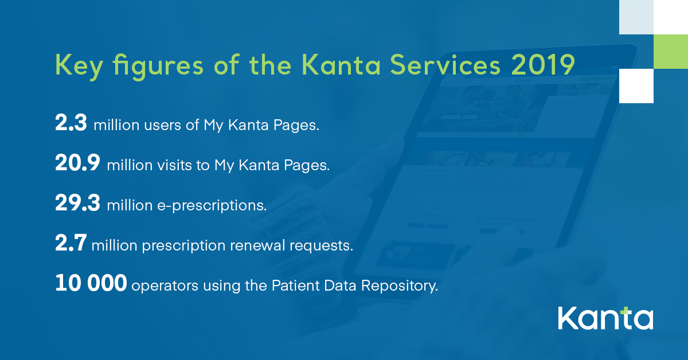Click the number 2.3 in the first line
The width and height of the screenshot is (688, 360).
pos(71,123)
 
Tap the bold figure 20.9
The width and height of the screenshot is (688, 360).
pos(78,162)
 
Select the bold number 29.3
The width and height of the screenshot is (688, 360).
pos(78,203)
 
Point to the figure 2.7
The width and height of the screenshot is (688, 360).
pos(71,242)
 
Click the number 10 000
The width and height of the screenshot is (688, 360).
pos(91,283)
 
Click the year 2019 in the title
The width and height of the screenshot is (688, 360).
pos(543,65)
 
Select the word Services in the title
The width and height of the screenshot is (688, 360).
pos(445,65)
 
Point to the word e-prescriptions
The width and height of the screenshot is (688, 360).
pos(212,205)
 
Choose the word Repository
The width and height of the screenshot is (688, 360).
pos(399,285)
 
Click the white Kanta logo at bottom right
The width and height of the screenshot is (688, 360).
pos(605,318)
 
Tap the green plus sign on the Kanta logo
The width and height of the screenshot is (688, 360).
pos(624,311)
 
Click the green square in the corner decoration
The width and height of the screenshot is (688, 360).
pos(671,52)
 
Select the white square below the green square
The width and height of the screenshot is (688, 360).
pos(636,86)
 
